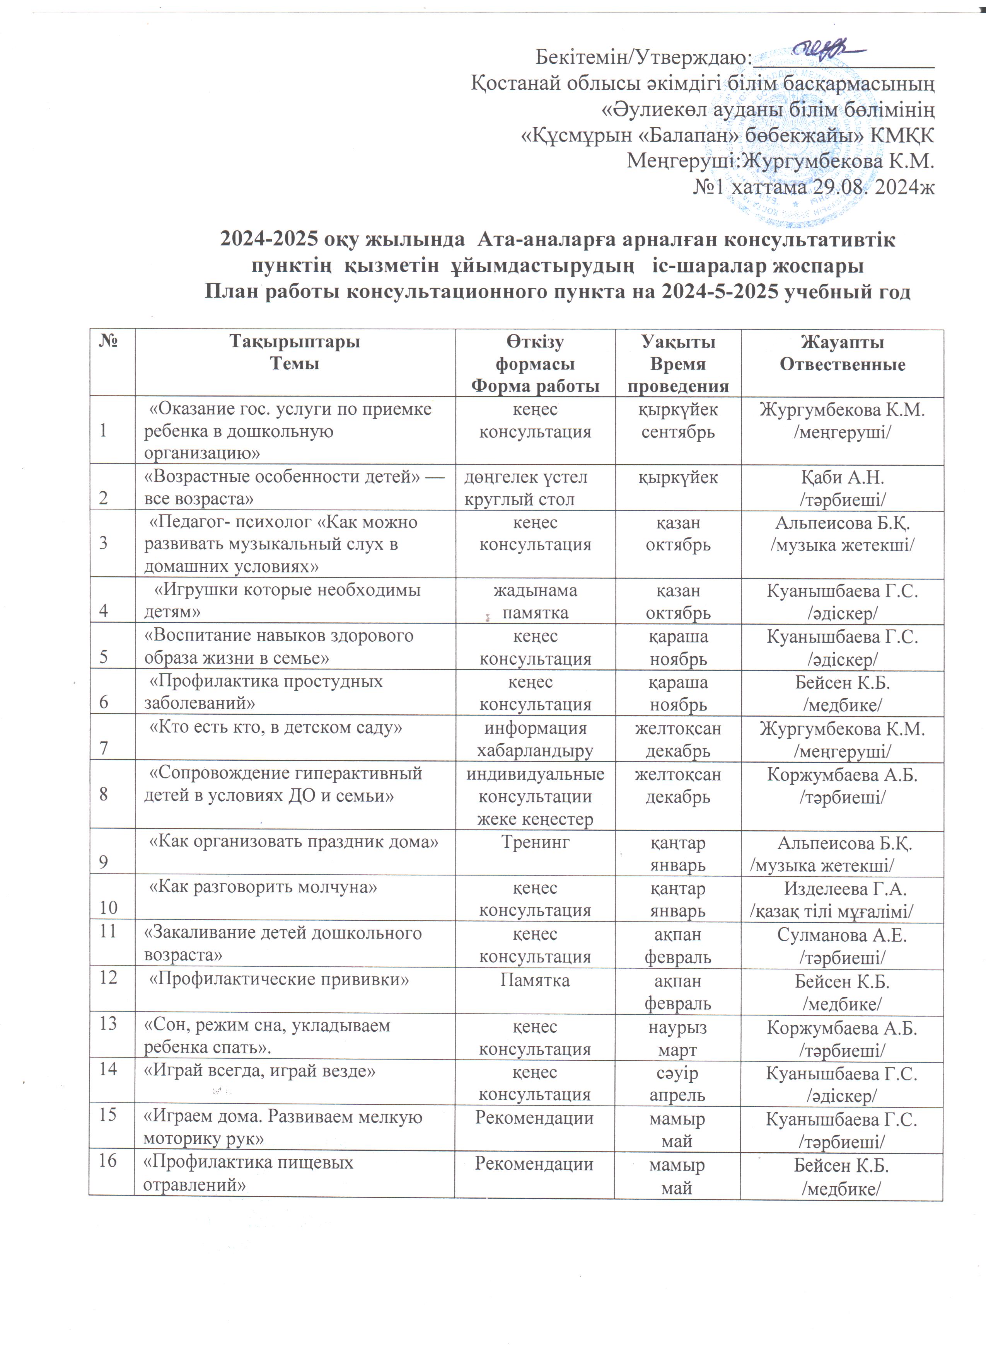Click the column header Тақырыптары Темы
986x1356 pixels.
(x=295, y=353)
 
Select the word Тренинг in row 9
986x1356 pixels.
(x=534, y=842)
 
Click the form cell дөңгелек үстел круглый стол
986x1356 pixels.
(x=525, y=488)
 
